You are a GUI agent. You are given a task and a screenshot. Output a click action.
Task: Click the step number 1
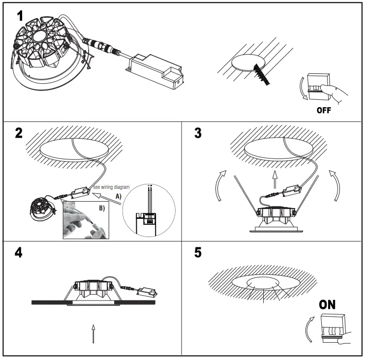[20, 16]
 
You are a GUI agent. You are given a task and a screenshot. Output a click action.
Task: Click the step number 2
[20, 133]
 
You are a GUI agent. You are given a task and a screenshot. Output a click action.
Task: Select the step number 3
[198, 133]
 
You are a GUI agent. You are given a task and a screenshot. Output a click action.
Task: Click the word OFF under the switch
[323, 110]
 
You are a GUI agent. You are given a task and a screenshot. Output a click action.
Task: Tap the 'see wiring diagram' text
[111, 187]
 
